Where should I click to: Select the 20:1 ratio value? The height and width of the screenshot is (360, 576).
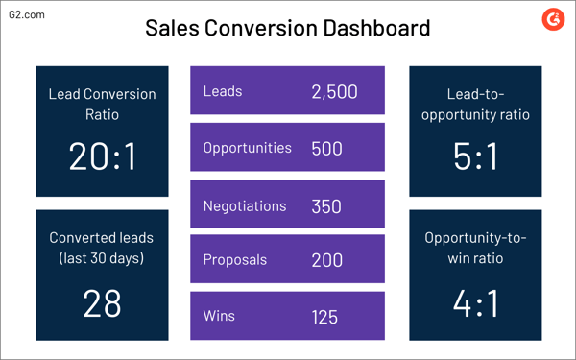tap(102, 156)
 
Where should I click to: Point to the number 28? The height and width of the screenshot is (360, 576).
tap(102, 302)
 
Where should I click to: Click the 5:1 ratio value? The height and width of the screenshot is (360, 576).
tap(475, 156)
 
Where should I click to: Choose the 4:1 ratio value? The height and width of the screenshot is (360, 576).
tap(475, 302)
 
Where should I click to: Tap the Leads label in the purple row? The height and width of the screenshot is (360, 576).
tap(223, 92)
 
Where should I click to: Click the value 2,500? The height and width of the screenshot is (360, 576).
tap(334, 92)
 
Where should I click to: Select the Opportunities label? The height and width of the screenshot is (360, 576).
tap(248, 149)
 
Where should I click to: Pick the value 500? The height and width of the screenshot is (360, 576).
tap(327, 149)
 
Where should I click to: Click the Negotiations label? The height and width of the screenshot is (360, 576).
tap(245, 205)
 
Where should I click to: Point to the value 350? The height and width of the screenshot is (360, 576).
tap(327, 205)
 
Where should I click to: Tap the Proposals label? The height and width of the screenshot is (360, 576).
tap(235, 260)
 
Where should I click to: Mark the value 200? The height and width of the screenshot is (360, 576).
tap(327, 260)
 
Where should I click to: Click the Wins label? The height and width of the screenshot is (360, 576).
tap(220, 315)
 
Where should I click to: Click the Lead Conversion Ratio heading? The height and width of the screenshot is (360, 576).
tap(102, 104)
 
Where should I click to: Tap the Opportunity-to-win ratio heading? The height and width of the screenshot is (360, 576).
tap(475, 248)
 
